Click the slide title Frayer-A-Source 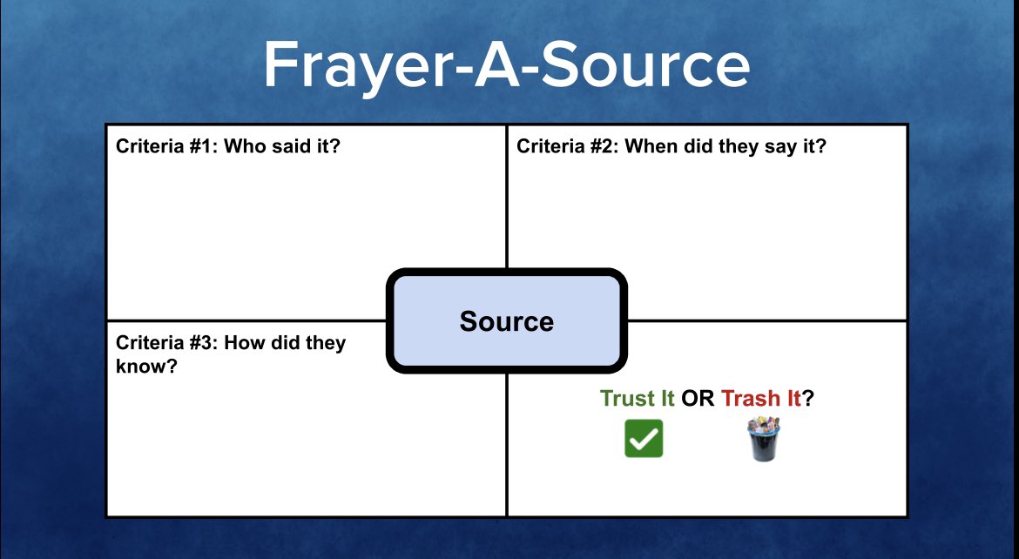pyautogui.click(x=506, y=65)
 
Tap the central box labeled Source pyautogui.click(x=506, y=321)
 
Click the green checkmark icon pyautogui.click(x=644, y=439)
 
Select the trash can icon pyautogui.click(x=763, y=439)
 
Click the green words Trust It pyautogui.click(x=638, y=399)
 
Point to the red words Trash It pyautogui.click(x=760, y=399)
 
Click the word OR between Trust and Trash pyautogui.click(x=698, y=399)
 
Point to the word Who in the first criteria pyautogui.click(x=245, y=145)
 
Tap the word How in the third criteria pyautogui.click(x=243, y=343)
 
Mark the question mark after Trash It pyautogui.click(x=808, y=399)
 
